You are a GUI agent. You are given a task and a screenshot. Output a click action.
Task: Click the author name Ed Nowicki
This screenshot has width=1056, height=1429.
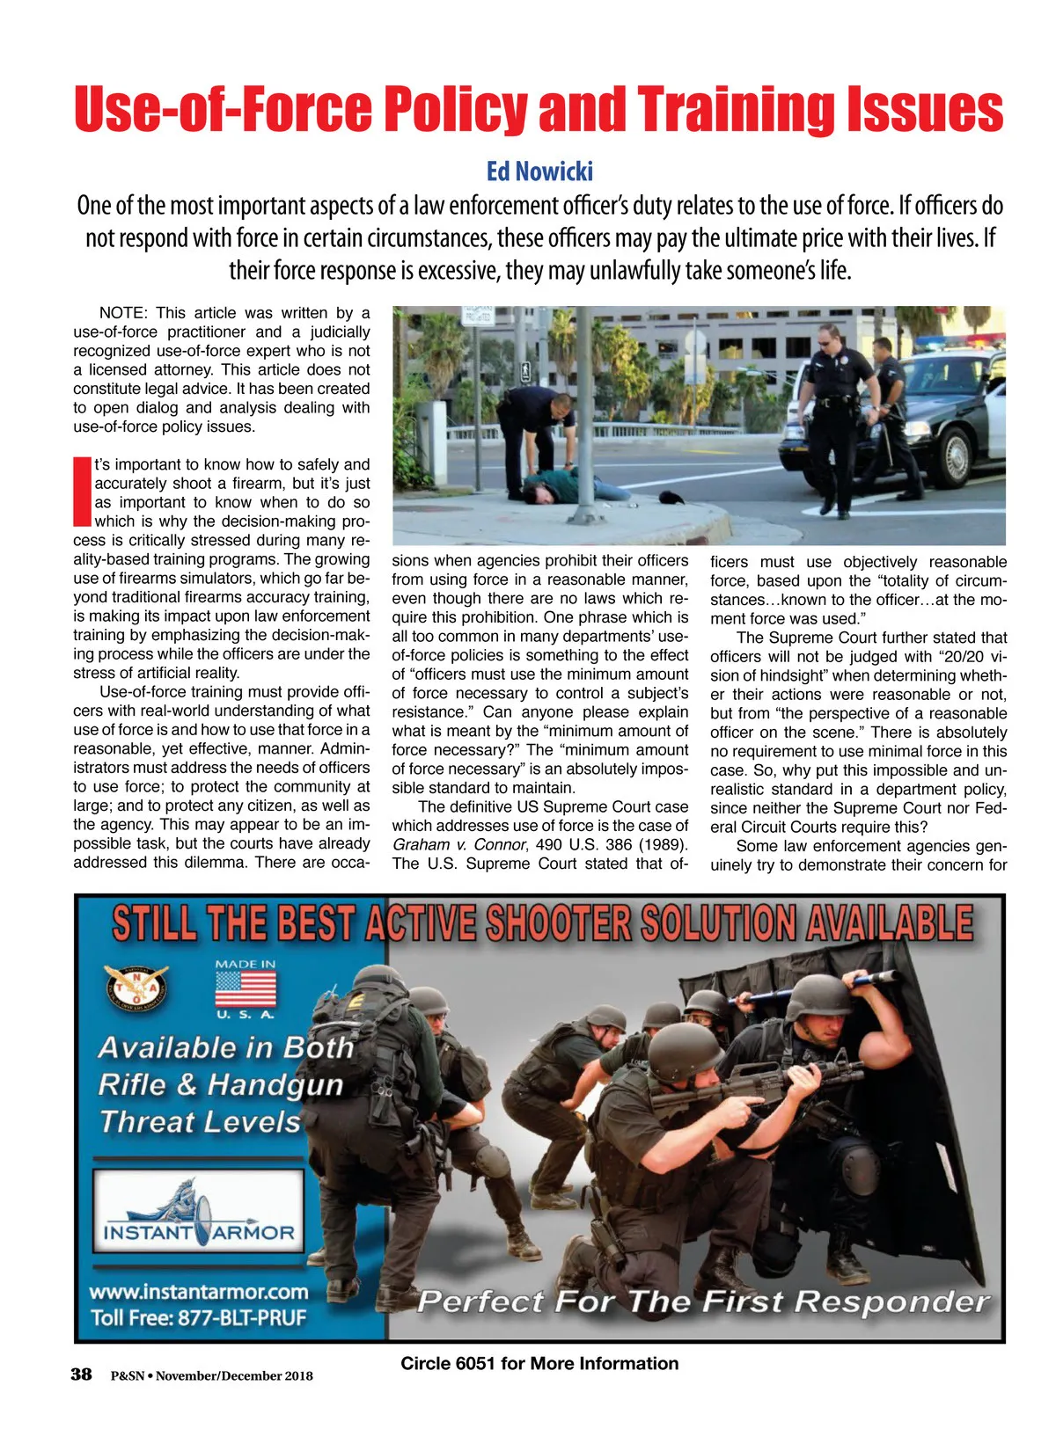pos(539,171)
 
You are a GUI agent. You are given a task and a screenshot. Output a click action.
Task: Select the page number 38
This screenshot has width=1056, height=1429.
pos(81,1374)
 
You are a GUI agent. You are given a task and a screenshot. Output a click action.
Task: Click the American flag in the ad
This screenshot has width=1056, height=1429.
pos(246,988)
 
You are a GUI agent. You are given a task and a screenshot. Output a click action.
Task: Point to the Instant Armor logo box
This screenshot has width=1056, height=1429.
pos(198,1211)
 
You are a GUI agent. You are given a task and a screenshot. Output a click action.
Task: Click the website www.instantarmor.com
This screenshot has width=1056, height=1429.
pos(199,1292)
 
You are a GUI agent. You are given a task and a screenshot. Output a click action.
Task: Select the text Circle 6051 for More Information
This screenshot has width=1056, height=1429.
pos(539,1363)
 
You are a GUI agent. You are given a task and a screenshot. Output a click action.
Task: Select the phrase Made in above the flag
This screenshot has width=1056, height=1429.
pos(246,964)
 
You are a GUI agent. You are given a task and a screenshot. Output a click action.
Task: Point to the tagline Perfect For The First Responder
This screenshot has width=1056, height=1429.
pos(703,1301)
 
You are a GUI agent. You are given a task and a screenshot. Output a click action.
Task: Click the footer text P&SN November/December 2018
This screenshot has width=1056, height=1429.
pos(211,1375)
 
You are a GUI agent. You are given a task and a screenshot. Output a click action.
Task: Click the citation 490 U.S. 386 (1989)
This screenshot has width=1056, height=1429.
pos(611,845)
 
